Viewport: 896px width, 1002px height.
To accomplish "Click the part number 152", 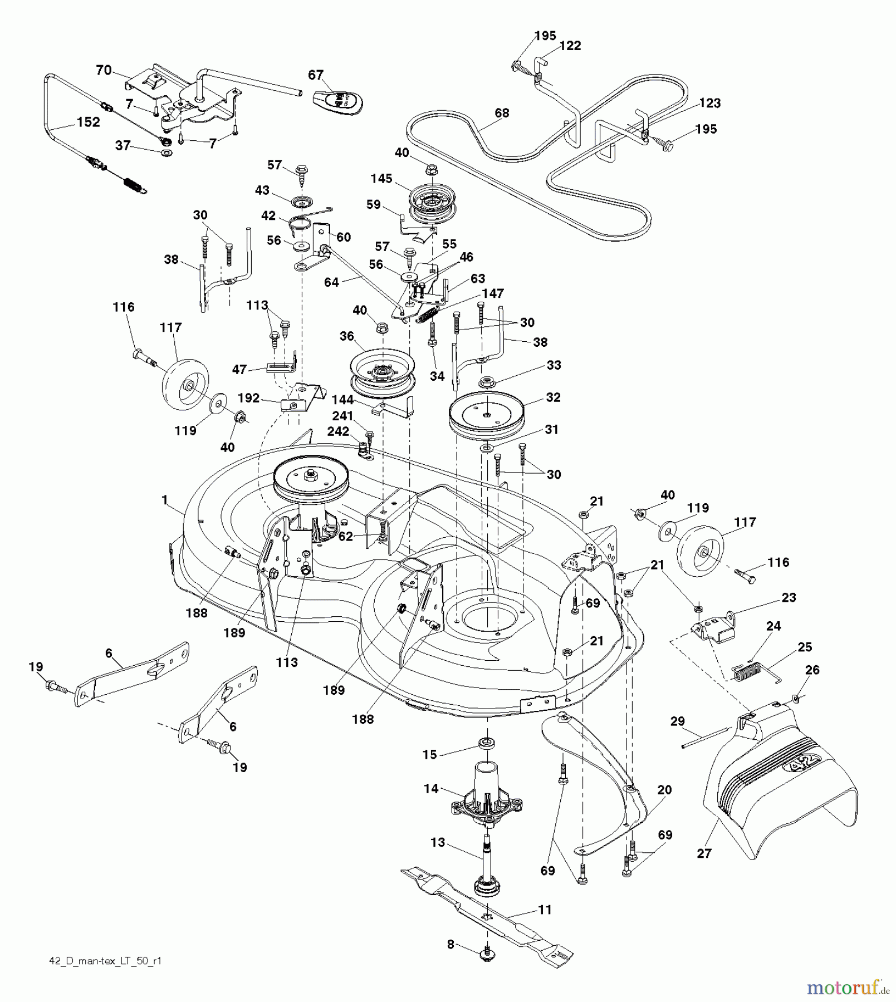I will pos(88,122).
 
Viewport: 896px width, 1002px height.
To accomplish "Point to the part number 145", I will pos(381,179).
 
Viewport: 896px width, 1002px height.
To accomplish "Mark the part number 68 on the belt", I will pos(502,113).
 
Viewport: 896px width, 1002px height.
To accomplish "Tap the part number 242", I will pos(338,431).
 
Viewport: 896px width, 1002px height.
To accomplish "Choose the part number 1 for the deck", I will pos(164,500).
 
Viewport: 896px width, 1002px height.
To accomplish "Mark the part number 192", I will pos(248,398).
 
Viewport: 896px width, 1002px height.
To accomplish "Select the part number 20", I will pos(664,789).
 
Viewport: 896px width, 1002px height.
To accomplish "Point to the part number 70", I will pos(104,70).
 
